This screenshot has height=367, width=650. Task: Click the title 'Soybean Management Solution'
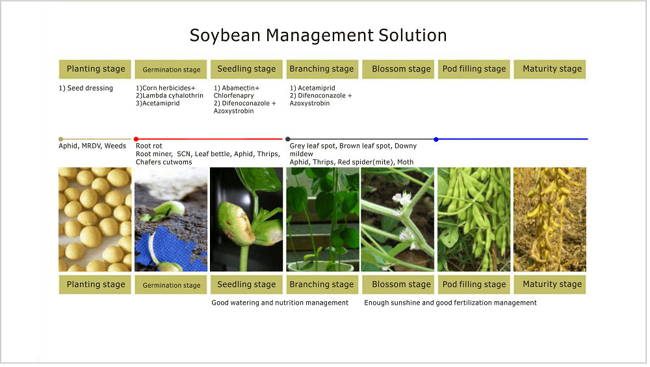pyautogui.click(x=318, y=35)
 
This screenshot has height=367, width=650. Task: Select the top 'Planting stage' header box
pyautogui.click(x=95, y=69)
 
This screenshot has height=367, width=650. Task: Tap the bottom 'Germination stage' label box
pyautogui.click(x=171, y=285)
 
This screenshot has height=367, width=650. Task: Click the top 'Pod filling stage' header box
pyautogui.click(x=474, y=69)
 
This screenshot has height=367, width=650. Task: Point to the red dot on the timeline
pyautogui.click(x=136, y=139)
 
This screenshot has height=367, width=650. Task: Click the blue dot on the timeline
pyautogui.click(x=436, y=139)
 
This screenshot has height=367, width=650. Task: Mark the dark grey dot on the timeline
pyautogui.click(x=288, y=139)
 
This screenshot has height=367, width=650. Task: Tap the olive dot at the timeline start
pyautogui.click(x=61, y=139)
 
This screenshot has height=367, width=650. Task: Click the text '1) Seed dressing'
pyautogui.click(x=86, y=88)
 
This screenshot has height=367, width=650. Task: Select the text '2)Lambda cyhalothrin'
pyautogui.click(x=170, y=96)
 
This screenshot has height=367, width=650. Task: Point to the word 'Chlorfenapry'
pyautogui.click(x=234, y=96)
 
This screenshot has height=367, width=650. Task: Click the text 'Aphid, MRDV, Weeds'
pyautogui.click(x=92, y=146)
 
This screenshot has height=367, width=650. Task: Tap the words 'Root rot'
pyautogui.click(x=149, y=146)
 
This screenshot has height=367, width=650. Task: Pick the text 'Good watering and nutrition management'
pyautogui.click(x=279, y=303)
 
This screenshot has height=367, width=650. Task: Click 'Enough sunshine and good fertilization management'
pyautogui.click(x=450, y=303)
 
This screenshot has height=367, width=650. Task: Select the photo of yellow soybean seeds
pyautogui.click(x=95, y=219)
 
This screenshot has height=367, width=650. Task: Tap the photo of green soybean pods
pyautogui.click(x=474, y=219)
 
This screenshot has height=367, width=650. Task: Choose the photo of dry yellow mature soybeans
pyautogui.click(x=550, y=219)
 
